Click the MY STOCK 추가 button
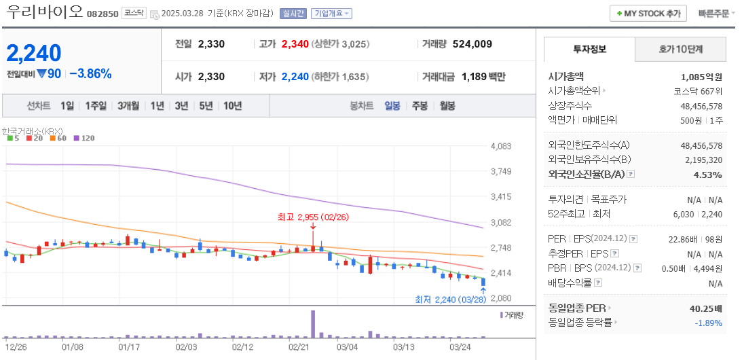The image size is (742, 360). [648, 14]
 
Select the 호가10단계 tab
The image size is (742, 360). [680, 50]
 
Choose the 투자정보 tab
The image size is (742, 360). [589, 50]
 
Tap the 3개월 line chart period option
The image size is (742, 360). [128, 106]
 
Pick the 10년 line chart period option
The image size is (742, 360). [232, 106]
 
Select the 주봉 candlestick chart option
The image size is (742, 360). [420, 106]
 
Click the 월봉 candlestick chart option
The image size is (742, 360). [447, 106]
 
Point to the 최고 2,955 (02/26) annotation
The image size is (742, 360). [312, 217]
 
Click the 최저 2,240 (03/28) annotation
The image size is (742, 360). [450, 300]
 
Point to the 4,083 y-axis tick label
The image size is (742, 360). [500, 146]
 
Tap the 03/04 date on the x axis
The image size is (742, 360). [347, 346]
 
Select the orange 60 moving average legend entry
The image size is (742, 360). [58, 139]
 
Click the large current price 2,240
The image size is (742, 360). [34, 52]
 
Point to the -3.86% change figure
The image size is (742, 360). [90, 74]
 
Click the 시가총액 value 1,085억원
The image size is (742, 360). [701, 77]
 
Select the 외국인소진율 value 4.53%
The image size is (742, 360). [709, 175]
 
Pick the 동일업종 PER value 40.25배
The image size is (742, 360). [706, 308]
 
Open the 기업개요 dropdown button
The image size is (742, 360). [333, 14]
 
